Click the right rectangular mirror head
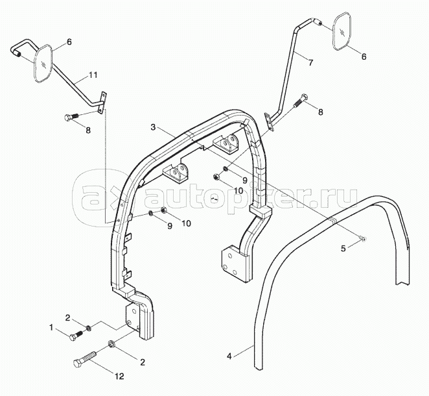343,32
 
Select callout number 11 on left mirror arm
94,76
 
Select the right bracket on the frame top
228,143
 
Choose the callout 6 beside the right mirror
364,56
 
